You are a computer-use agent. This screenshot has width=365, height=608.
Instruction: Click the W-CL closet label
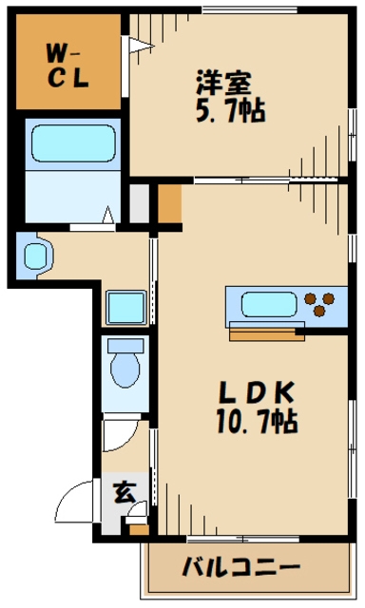tap(67, 66)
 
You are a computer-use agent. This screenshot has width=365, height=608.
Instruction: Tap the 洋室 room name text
tap(223, 83)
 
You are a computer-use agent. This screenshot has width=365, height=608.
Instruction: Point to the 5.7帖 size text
tap(230, 110)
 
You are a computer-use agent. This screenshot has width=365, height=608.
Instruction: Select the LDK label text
tap(257, 392)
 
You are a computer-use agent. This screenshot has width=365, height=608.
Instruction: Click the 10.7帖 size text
tap(257, 421)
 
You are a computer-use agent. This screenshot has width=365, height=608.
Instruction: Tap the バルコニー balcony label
tap(241, 568)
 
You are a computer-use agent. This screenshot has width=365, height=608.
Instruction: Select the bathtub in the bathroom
tap(73, 143)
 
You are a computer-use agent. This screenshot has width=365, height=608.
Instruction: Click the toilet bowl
tap(125, 370)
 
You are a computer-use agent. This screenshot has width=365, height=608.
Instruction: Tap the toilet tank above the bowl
tap(125, 345)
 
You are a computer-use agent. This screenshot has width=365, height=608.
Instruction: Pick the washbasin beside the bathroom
tap(35, 256)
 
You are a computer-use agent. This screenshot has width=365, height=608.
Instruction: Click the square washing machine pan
tap(126, 308)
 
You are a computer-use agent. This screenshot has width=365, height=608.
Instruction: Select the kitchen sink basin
tap(269, 304)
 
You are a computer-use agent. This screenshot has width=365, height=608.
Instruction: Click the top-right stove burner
tap(329, 298)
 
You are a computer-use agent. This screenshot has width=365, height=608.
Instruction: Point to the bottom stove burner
tap(319, 311)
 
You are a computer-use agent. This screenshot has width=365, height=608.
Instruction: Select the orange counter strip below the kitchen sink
tap(266, 335)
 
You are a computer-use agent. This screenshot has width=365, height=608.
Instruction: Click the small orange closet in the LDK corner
tap(169, 203)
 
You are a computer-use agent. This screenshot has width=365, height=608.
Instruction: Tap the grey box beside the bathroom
tap(139, 203)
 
